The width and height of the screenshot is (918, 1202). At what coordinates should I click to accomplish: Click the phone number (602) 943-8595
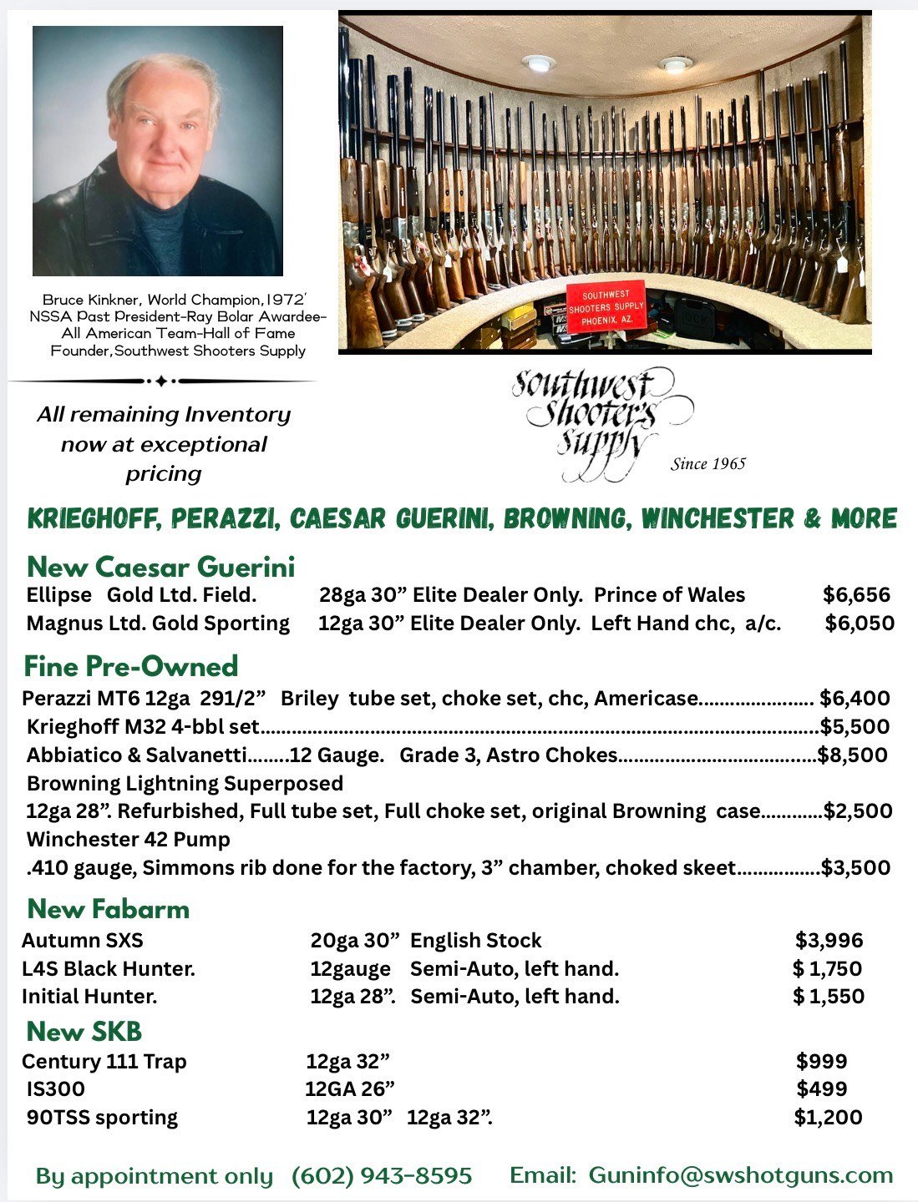pyautogui.click(x=382, y=1176)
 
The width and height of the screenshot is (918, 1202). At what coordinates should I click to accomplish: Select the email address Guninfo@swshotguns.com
pyautogui.click(x=741, y=1175)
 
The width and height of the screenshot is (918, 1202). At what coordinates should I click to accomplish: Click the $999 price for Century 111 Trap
pyautogui.click(x=821, y=1062)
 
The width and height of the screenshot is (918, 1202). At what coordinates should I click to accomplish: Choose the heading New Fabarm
pyautogui.click(x=109, y=909)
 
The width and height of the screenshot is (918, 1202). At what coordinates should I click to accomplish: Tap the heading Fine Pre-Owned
pyautogui.click(x=131, y=666)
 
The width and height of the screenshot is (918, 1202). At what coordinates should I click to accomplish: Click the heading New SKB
pyautogui.click(x=84, y=1032)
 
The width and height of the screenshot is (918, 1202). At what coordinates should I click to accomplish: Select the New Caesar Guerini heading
pyautogui.click(x=161, y=568)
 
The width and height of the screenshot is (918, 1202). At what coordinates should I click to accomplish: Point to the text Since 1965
pyautogui.click(x=708, y=464)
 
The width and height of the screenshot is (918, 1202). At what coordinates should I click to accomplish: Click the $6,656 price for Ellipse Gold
pyautogui.click(x=856, y=595)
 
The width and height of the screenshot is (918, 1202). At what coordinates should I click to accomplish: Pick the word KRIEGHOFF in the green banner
pyautogui.click(x=94, y=519)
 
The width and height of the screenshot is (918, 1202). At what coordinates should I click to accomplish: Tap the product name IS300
pyautogui.click(x=55, y=1089)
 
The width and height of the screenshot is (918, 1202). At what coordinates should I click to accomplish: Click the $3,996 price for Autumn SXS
pyautogui.click(x=829, y=941)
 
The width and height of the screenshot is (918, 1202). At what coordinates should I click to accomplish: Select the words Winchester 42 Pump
pyautogui.click(x=129, y=840)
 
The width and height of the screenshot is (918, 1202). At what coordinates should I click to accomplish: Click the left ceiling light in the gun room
pyautogui.click(x=538, y=63)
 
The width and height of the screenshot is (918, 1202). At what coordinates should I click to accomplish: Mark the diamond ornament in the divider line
pyautogui.click(x=161, y=381)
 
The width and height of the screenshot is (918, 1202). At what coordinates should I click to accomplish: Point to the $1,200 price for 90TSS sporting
pyautogui.click(x=828, y=1118)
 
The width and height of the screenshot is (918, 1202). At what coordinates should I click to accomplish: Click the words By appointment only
pyautogui.click(x=155, y=1176)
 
